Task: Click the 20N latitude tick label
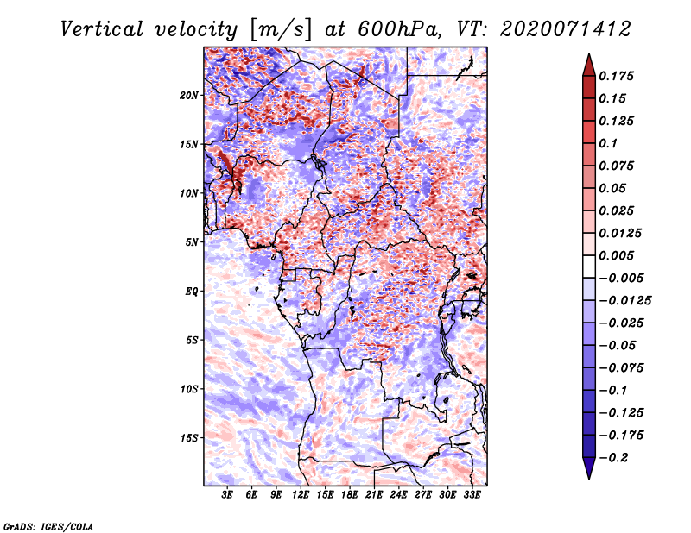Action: click(189, 96)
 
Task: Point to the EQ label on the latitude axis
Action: click(191, 292)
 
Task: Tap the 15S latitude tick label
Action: click(189, 438)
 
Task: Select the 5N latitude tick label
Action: click(192, 242)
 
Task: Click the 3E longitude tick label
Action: click(227, 495)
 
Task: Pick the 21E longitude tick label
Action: click(374, 495)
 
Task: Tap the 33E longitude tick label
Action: click(472, 495)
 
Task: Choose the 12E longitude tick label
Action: click(301, 495)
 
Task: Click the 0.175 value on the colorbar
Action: click(616, 76)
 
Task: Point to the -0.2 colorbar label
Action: click(614, 458)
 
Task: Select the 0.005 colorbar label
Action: click(616, 255)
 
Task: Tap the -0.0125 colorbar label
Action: click(624, 301)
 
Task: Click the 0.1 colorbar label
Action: click(608, 143)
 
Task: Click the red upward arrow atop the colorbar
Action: click(589, 65)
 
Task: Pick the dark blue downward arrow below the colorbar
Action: click(589, 468)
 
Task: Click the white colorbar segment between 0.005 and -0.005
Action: click(589, 266)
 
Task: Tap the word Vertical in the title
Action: click(102, 29)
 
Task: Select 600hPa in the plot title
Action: click(400, 29)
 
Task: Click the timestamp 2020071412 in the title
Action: click(566, 29)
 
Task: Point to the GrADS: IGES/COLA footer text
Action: click(48, 527)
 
